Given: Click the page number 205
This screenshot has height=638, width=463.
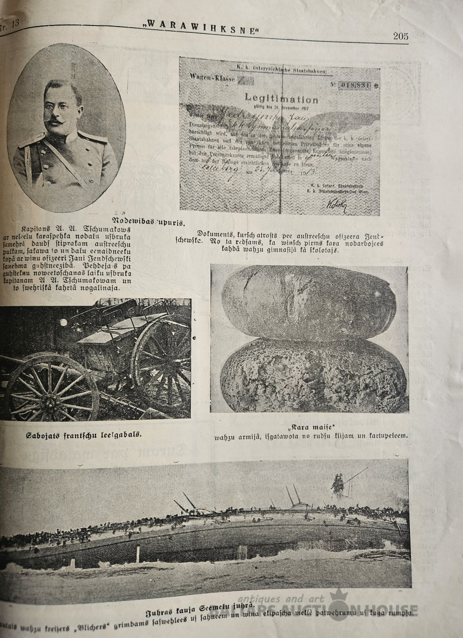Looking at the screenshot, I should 400,36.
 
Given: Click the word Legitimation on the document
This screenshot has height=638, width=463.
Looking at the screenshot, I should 281,98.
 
